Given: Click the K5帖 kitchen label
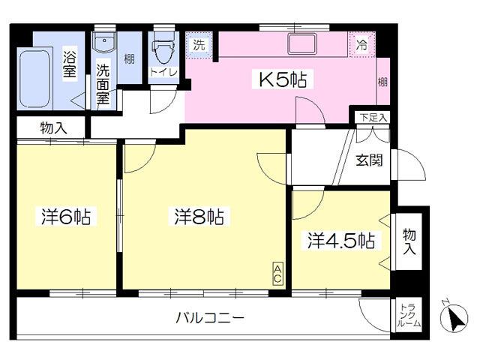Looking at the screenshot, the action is pos(283,79).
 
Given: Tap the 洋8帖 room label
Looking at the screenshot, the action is pos(199,217).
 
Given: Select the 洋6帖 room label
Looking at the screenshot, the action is pos(66,217).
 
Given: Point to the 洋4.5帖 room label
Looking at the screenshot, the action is pos(341,240).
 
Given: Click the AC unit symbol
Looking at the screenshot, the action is pos(277,274).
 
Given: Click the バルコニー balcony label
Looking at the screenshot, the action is pos(210,318).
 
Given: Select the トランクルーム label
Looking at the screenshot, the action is pos(409,315).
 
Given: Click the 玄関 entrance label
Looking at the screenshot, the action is pos(369,160).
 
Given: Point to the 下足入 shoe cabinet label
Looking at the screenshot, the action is pos(373,118).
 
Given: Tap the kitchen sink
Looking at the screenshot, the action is pos(301,44).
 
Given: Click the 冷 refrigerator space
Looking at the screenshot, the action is pos(361,44).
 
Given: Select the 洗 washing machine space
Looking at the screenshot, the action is pos(199,45).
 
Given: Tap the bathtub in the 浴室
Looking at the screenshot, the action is pos(35,79).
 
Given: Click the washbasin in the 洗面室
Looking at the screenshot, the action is pos(104,42).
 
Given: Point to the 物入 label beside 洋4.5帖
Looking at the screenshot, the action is pos(409,241).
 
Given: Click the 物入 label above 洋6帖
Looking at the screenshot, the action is pos(53,128).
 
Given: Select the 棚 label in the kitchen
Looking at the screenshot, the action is pos(382,82).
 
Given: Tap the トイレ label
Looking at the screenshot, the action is pos(163,73).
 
